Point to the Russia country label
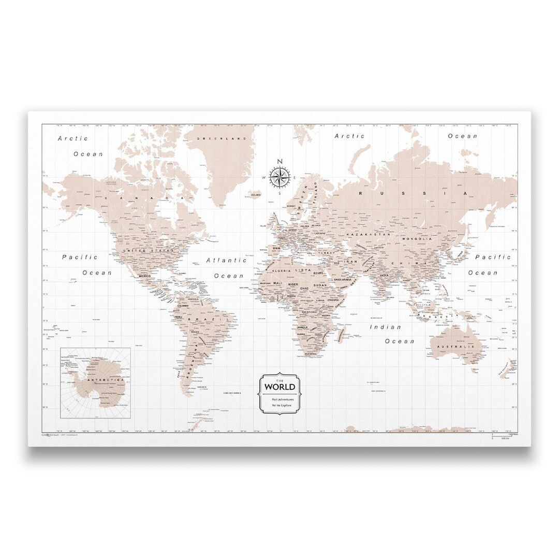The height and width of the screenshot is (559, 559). (414, 193)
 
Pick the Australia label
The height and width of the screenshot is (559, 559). (455, 347)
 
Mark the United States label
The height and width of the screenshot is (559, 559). (146, 251)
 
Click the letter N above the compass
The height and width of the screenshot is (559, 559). (280, 161)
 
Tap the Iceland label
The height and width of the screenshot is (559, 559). (255, 195)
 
